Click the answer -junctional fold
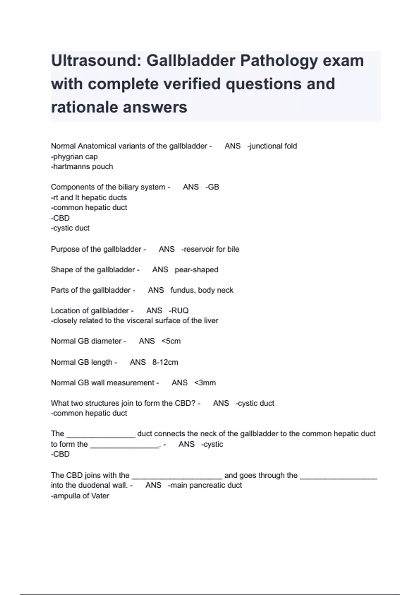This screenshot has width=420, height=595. pos(272,146)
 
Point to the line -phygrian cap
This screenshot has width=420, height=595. pos(74,156)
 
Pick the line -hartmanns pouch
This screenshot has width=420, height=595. pos(82,167)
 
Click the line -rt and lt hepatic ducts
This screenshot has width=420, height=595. pos(89,197)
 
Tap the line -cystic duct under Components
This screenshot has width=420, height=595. pos(70,228)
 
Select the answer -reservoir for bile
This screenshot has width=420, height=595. pos(210,249)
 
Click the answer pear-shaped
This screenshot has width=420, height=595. pos(196,269)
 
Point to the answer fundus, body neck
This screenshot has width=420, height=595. pos(202,290)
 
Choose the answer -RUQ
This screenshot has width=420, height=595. pos(178,310)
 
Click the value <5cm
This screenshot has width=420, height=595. pos(171,341)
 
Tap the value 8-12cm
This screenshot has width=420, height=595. pos(165,362)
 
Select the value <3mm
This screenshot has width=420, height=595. pos(205,383)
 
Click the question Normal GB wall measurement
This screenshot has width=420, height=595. pos(103,383)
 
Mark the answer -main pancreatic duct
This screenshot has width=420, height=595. pos(205,485)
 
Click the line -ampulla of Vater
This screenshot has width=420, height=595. pos(80,496)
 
